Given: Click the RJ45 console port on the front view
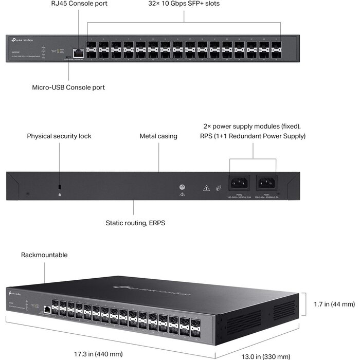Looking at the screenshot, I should click(79, 52).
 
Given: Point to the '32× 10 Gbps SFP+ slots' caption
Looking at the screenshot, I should click(184, 4).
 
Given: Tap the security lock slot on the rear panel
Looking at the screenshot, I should click(60, 186).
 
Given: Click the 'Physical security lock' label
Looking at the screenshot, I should click(59, 136).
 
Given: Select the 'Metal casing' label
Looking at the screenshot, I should click(158, 136).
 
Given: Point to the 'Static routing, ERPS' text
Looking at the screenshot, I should click(135, 223).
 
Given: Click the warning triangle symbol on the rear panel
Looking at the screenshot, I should click(206, 188).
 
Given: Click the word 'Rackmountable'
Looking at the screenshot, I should click(44, 255).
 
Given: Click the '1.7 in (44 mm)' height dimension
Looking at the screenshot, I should click(334, 304).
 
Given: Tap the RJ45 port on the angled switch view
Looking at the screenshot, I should click(46, 310).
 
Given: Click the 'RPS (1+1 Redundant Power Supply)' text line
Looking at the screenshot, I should click(253, 136).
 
